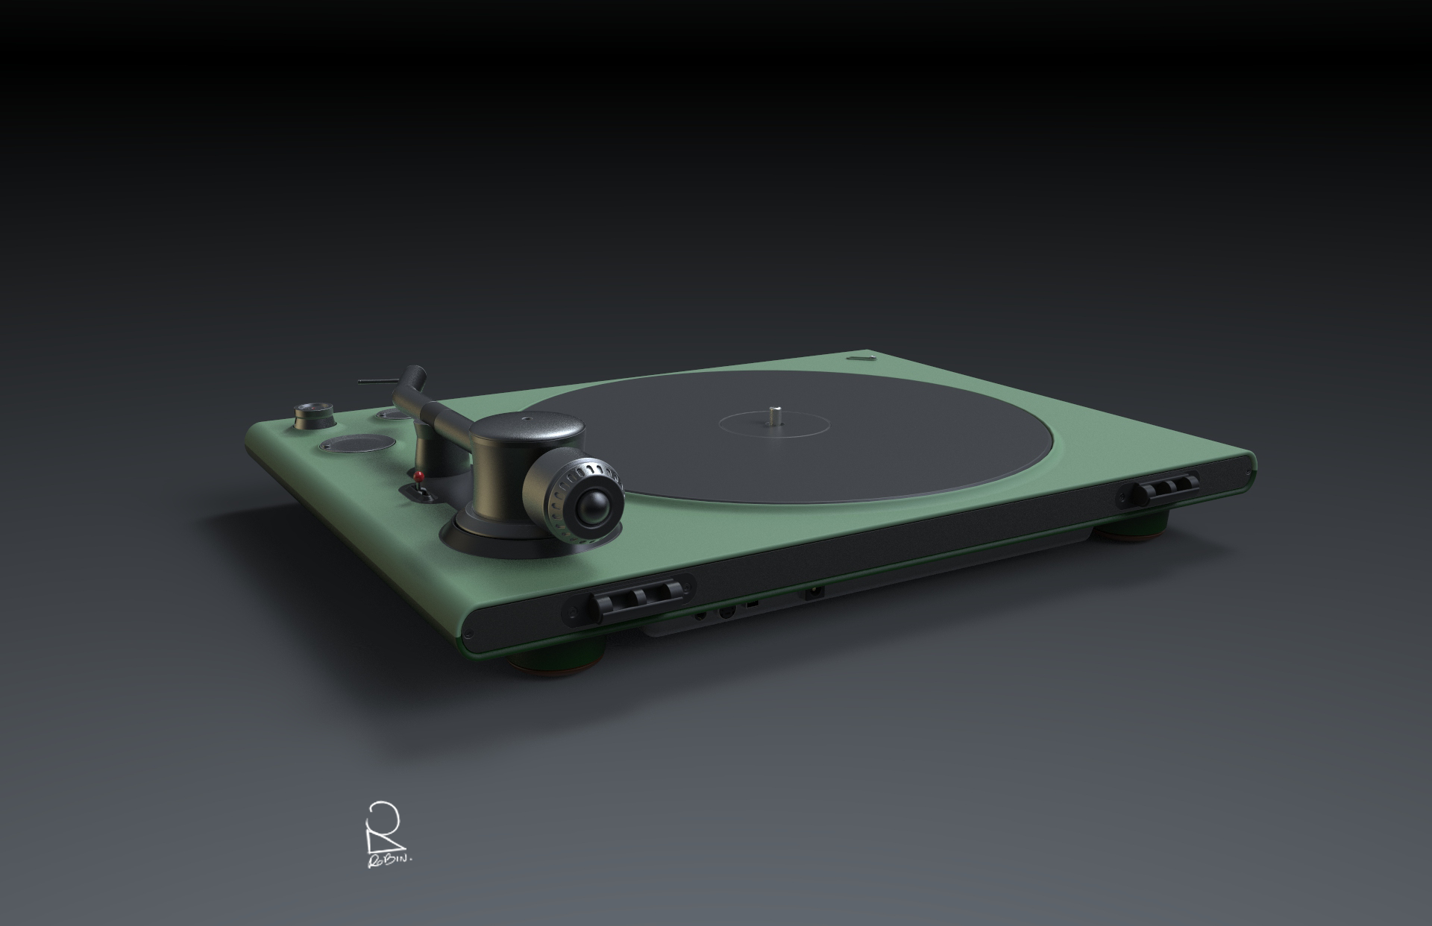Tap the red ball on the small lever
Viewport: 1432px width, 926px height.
click(419, 475)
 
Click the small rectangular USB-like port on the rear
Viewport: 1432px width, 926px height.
click(752, 601)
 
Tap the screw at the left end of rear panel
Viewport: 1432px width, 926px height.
click(468, 634)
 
